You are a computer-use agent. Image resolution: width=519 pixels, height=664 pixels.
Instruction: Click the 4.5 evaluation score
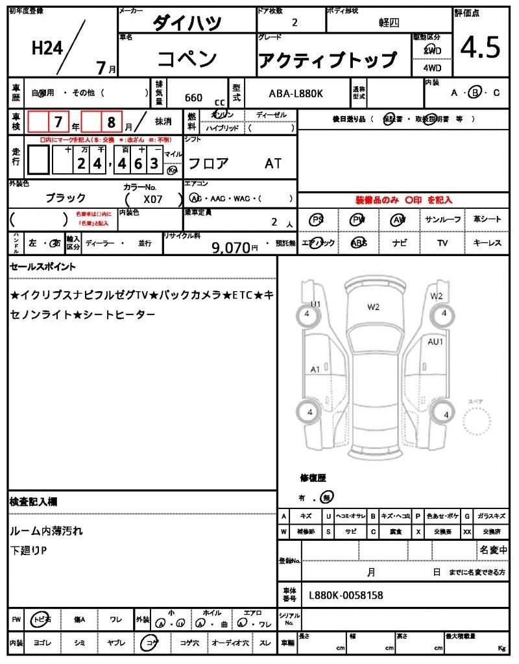tap(480, 48)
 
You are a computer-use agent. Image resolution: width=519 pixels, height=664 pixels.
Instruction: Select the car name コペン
tap(187, 59)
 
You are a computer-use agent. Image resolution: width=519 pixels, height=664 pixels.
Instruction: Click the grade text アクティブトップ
tap(328, 60)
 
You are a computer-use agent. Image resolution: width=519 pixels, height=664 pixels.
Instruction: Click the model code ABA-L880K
tap(296, 94)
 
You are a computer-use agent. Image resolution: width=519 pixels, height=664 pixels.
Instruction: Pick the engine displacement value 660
tap(193, 98)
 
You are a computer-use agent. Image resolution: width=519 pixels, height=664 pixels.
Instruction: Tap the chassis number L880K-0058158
tap(346, 595)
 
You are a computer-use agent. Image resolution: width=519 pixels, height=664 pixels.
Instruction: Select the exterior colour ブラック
tap(66, 198)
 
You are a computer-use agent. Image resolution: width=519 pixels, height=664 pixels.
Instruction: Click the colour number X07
tap(153, 200)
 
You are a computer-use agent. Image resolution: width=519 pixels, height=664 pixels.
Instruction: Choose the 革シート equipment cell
tap(487, 220)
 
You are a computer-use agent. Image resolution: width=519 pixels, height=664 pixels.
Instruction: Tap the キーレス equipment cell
tap(487, 243)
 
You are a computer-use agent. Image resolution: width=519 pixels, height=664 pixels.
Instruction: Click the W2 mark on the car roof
tap(373, 307)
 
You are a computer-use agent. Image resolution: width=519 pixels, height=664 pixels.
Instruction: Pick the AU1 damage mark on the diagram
tap(435, 342)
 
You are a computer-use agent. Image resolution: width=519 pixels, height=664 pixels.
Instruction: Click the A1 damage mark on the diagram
tap(315, 370)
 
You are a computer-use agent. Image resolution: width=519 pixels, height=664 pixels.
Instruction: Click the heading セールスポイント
tap(43, 267)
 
